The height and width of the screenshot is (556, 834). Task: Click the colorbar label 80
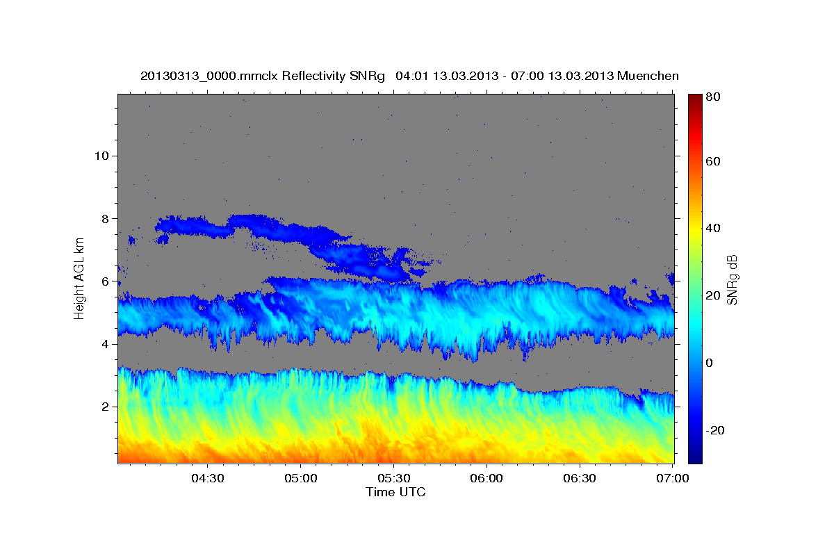tap(712, 97)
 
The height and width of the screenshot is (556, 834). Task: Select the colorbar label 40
tap(712, 228)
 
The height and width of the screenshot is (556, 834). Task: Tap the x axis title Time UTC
tap(395, 492)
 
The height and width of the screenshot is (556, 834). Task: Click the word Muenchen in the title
tap(647, 76)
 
